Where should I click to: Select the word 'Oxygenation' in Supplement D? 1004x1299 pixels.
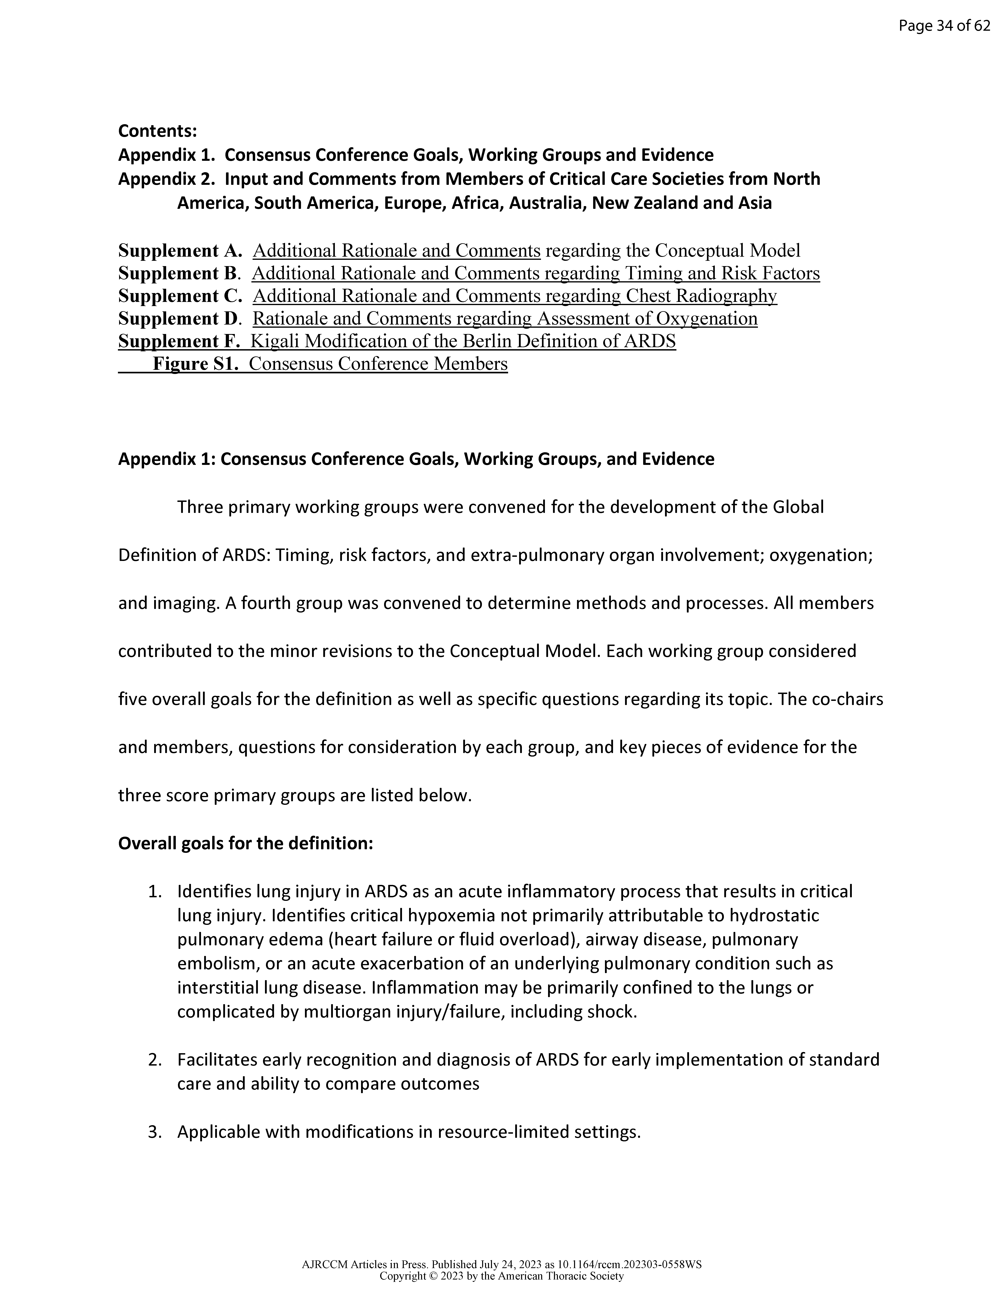point(707,319)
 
